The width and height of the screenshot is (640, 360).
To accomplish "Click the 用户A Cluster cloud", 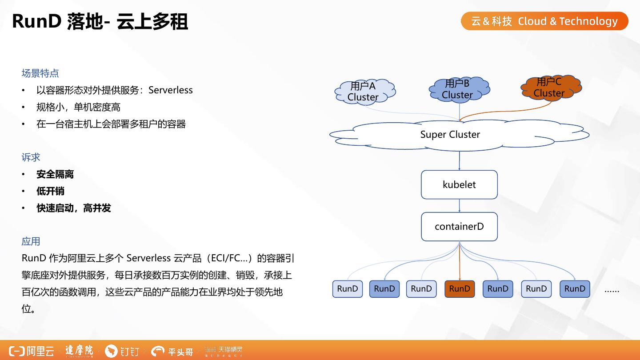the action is click(x=364, y=92).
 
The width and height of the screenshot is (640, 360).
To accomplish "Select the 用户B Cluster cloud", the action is click(x=458, y=89).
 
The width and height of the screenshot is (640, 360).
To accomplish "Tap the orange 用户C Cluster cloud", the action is click(x=549, y=88).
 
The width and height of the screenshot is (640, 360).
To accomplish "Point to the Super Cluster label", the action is click(x=450, y=134).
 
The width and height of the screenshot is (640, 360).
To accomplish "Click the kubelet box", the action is click(x=459, y=184).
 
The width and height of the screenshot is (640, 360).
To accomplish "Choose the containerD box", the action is click(x=459, y=227).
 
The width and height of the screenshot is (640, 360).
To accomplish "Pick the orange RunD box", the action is click(x=460, y=289).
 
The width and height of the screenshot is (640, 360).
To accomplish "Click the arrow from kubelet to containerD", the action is click(x=460, y=206).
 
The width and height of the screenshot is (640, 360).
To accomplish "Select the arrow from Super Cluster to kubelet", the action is click(x=460, y=160).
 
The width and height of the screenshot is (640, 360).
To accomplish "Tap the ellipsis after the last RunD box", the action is click(x=612, y=290).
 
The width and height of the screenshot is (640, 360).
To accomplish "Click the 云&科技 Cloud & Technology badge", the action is click(x=544, y=21).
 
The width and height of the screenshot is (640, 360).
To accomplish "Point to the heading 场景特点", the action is click(x=40, y=73).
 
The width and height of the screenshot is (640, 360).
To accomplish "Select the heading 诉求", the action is click(x=31, y=157).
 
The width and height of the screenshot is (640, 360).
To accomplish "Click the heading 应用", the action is click(x=31, y=241).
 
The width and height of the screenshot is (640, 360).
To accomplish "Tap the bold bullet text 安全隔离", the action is click(x=55, y=174).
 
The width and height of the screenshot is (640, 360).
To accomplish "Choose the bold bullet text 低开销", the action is click(x=50, y=191).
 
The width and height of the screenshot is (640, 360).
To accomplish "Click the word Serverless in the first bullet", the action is click(x=171, y=90).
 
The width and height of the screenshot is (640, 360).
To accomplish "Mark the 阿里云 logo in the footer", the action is click(x=32, y=351).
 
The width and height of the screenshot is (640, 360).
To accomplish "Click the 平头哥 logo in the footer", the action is click(x=172, y=352).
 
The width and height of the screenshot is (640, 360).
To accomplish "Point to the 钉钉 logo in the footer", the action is click(x=122, y=352).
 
